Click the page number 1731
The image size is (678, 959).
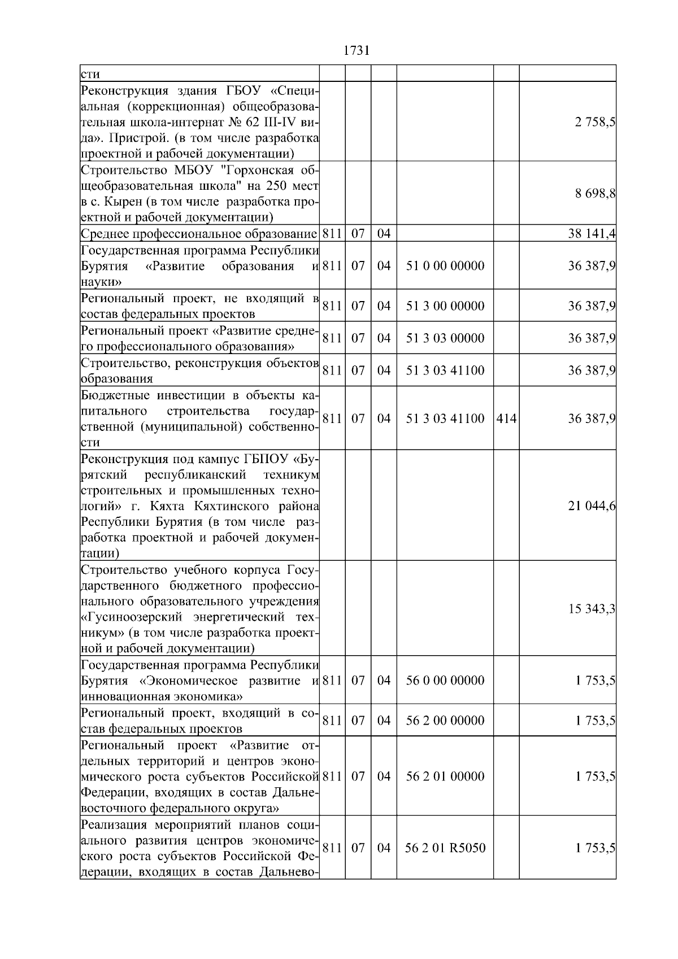[x=356, y=51]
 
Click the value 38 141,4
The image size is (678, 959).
[x=592, y=234]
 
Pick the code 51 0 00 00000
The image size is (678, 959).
[x=445, y=266]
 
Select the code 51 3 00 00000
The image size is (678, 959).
[x=445, y=306]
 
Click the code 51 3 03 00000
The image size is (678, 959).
[x=445, y=338]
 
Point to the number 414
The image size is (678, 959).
[x=506, y=419]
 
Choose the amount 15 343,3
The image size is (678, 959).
[x=592, y=609]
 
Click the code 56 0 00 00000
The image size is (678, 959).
[x=445, y=681]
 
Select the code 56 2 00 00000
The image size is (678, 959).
[x=445, y=721]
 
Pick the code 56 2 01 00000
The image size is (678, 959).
[x=445, y=777]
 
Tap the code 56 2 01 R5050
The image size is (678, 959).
[x=445, y=848]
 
